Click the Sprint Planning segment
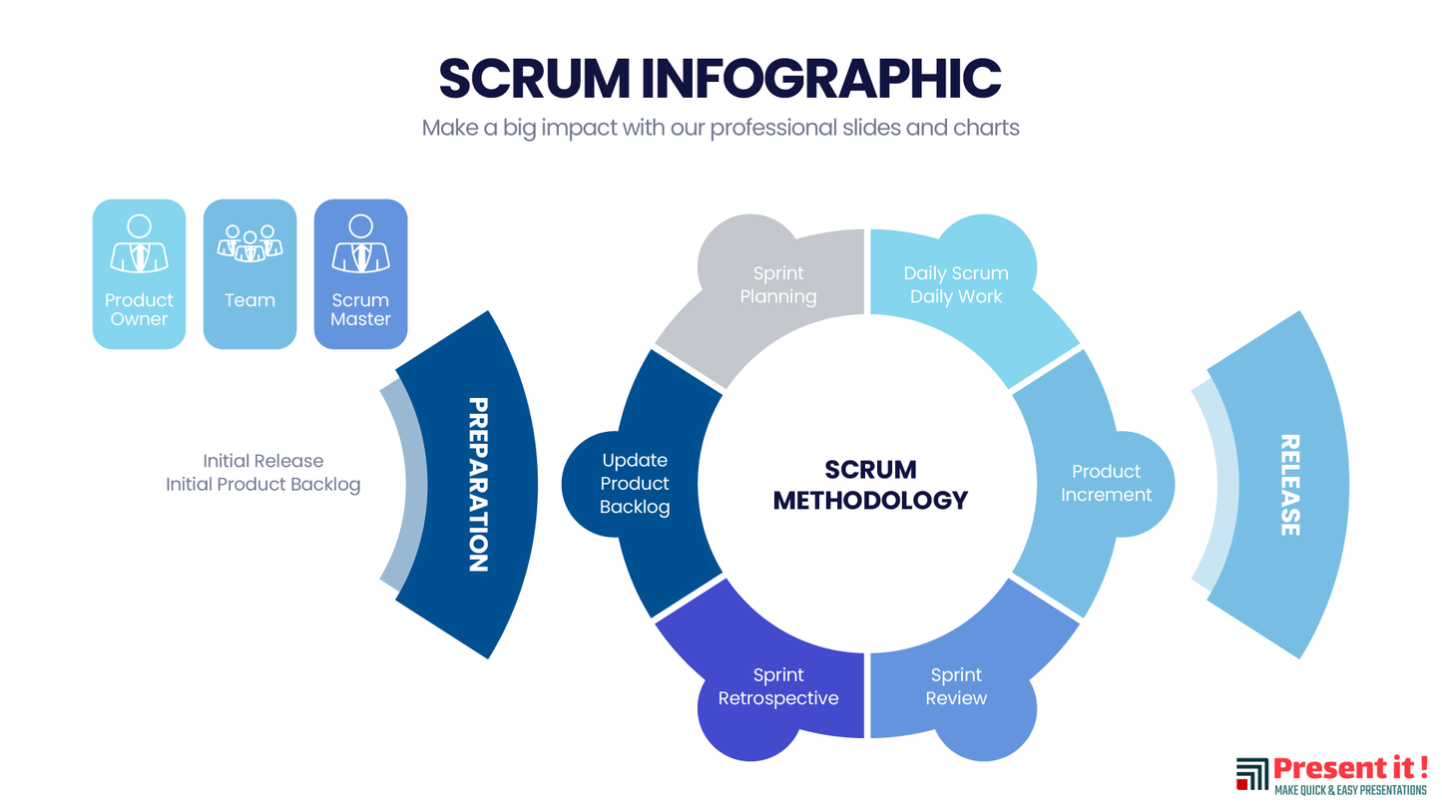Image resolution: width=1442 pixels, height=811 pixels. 779,285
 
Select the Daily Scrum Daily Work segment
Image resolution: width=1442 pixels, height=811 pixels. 956,285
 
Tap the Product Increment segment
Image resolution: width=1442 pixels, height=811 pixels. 1105,484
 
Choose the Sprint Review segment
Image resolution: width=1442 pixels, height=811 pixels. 956,686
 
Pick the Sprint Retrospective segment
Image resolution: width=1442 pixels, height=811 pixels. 778,686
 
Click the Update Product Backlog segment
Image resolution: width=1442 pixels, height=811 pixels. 635,484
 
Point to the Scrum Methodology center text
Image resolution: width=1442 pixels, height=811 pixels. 870,485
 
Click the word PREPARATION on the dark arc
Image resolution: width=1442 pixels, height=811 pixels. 478,485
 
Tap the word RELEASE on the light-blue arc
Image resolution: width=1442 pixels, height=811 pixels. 1289,485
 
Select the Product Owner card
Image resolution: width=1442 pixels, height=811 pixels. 139,274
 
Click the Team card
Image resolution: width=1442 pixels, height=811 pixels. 249,274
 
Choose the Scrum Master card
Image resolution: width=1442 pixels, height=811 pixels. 360,274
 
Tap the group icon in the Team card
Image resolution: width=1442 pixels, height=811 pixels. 249,243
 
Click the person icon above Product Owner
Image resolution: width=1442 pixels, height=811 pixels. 139,243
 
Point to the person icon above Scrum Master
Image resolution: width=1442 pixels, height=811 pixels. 360,243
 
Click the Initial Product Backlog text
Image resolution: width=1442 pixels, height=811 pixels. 262,485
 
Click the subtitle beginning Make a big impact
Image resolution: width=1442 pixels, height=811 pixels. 720,129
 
